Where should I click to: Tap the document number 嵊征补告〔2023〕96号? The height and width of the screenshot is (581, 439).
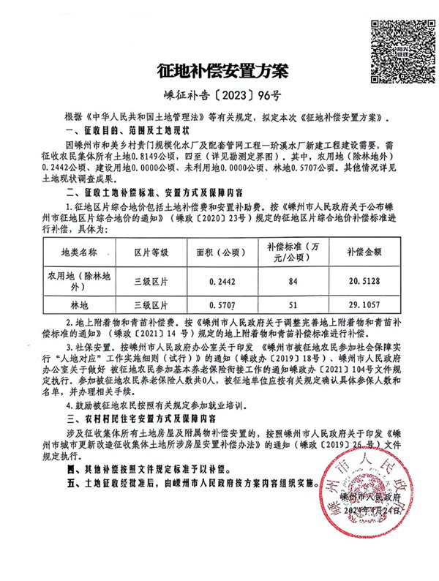coord(219,96)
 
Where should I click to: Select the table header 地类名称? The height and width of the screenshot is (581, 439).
coord(78,251)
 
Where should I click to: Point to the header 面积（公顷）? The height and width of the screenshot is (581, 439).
coord(222,251)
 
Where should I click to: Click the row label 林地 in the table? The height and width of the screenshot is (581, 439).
coord(78,303)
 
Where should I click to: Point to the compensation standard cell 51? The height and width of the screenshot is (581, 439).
coord(293,303)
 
